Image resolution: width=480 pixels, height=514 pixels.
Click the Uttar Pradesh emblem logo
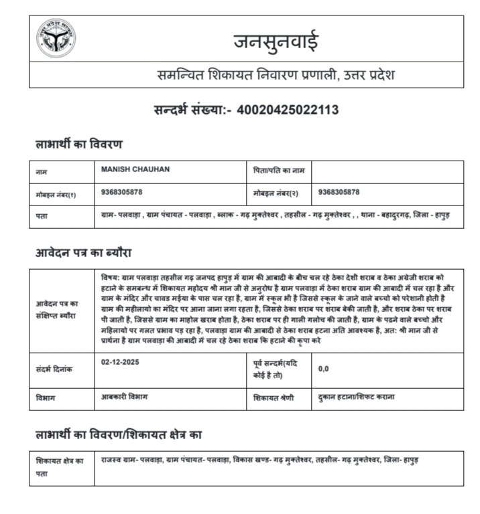[x=56, y=38]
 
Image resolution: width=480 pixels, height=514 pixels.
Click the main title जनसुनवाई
[x=276, y=41]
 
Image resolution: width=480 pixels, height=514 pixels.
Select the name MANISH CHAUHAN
[x=135, y=170]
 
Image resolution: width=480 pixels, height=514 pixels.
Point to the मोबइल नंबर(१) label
[x=56, y=194]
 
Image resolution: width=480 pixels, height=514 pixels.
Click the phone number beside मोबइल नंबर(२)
[x=339, y=193]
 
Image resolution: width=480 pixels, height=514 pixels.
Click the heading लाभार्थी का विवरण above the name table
[x=78, y=144]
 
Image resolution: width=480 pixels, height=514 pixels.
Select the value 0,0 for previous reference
[x=324, y=369]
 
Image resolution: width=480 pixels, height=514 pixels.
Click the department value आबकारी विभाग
[x=124, y=397]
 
